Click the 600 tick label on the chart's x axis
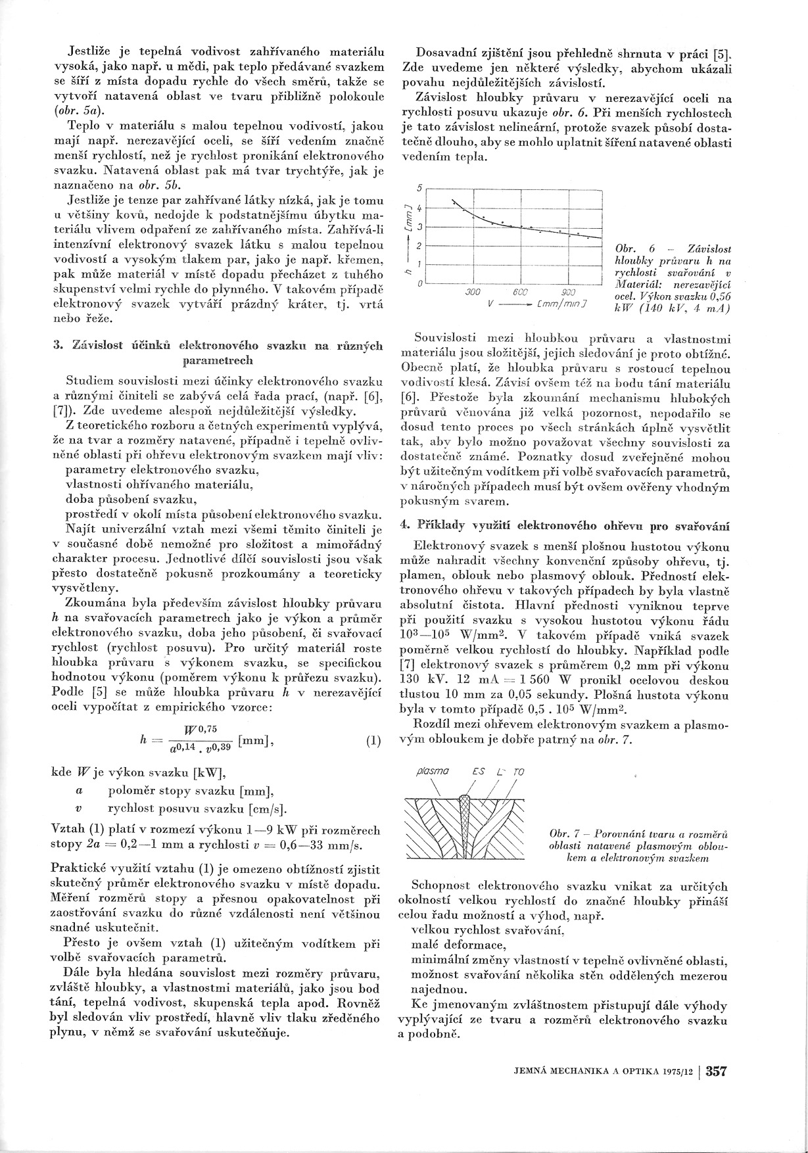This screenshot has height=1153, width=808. pyautogui.click(x=517, y=293)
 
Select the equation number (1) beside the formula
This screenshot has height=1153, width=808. pyautogui.click(x=373, y=742)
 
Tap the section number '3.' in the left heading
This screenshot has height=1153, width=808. pyautogui.click(x=57, y=347)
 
